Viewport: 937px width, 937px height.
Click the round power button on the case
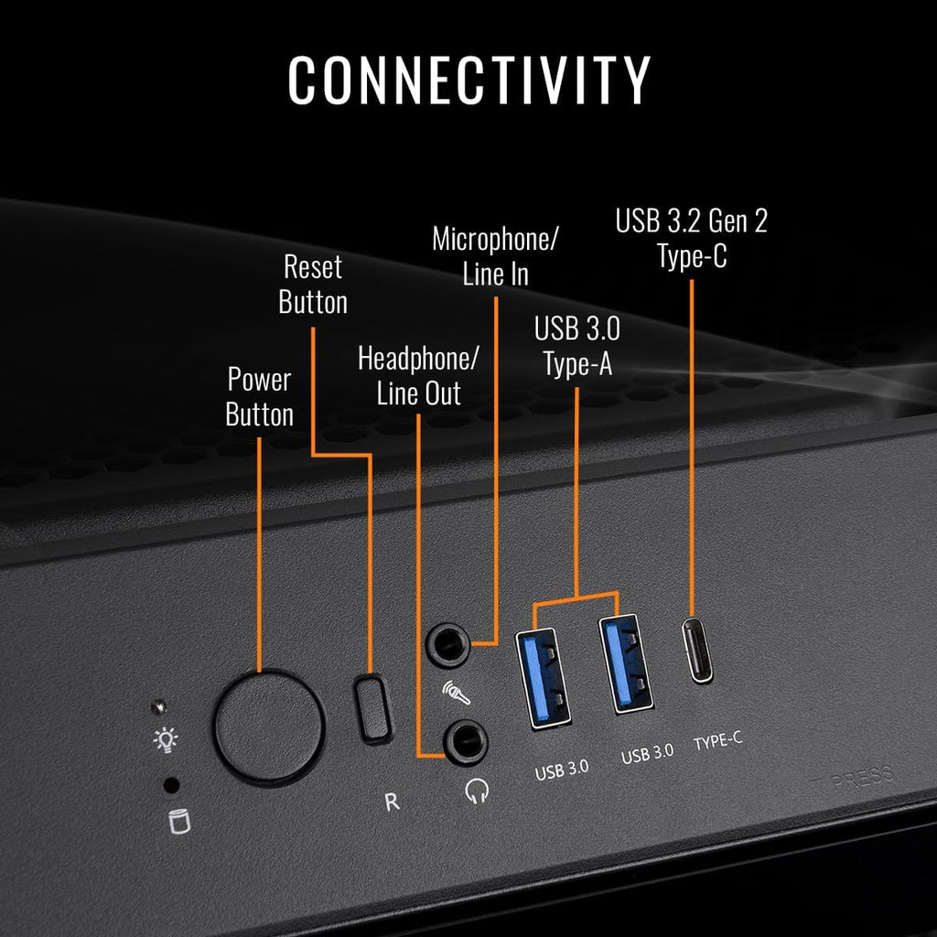pos(268,726)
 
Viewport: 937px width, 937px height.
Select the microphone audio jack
pos(447,644)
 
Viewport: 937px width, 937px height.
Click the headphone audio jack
pos(466,742)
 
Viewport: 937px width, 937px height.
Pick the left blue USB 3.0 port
pos(543,678)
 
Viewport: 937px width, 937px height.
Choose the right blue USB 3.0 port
pos(626,663)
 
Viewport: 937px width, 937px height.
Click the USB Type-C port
pos(697,650)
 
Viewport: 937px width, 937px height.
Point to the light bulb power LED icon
pos(166,739)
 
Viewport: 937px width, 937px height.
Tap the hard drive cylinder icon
pos(179,821)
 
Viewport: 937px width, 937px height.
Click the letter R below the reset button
pos(392,802)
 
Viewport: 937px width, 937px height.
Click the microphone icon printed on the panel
pos(456,693)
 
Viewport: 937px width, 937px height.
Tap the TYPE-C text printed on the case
pos(717,741)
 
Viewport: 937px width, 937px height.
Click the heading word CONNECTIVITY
pos(469,81)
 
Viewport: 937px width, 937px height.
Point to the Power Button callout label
pos(259,397)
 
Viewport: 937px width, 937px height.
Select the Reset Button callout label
pos(313,284)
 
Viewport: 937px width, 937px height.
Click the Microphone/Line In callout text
pos(495,256)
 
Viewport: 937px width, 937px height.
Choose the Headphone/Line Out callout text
pos(418,376)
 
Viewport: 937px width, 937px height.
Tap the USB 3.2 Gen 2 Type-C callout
pos(692,239)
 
